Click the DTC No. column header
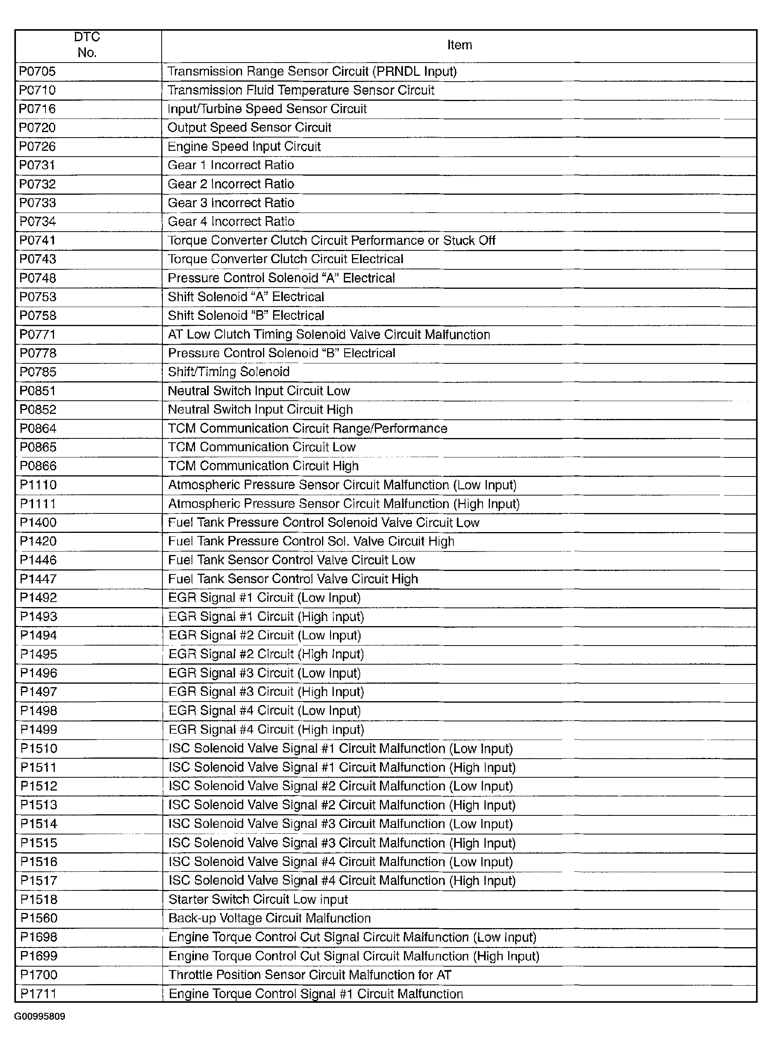(x=87, y=45)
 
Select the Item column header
(x=459, y=45)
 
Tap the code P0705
(x=37, y=72)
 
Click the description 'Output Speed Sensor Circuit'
(x=249, y=127)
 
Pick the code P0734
(x=37, y=222)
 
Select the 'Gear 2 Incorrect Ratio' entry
(x=231, y=184)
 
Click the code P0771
(x=37, y=335)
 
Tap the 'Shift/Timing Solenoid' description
(x=228, y=372)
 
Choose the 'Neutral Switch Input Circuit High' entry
(x=260, y=410)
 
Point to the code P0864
(x=38, y=429)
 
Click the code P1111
(x=38, y=504)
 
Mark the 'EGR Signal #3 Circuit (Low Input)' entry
(x=265, y=673)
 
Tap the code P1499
(x=38, y=730)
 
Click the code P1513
(x=39, y=805)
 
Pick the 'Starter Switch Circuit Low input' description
(x=258, y=899)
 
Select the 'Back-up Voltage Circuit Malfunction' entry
(x=270, y=918)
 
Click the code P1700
(x=39, y=975)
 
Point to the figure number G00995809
(x=40, y=1017)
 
